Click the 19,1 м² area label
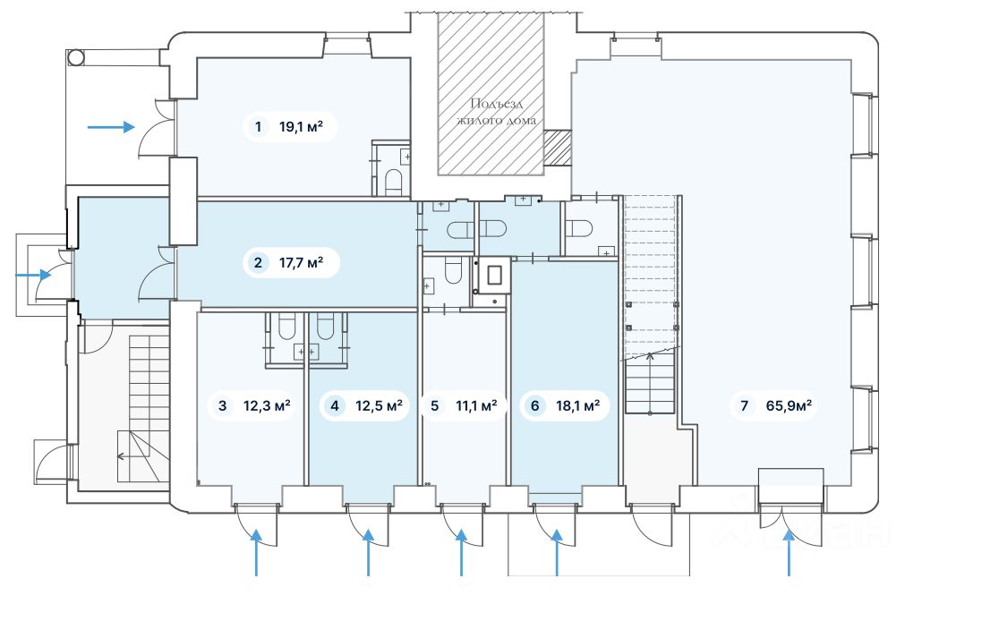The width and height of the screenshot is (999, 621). (x=301, y=127)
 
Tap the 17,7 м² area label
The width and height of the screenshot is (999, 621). (x=301, y=262)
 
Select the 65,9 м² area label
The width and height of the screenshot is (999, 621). (x=789, y=405)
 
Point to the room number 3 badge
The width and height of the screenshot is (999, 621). (x=222, y=405)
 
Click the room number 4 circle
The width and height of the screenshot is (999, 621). (x=335, y=405)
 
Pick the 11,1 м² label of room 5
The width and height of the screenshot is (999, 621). (x=476, y=405)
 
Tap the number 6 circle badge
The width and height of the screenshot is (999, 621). (x=535, y=405)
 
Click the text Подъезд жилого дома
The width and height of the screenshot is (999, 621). (x=496, y=112)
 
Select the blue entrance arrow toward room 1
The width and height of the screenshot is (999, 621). (x=111, y=127)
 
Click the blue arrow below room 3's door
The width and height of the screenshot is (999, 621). (x=256, y=553)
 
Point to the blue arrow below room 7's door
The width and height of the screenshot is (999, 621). (x=789, y=553)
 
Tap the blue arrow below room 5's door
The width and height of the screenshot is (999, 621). (x=462, y=553)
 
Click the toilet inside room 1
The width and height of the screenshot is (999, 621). (x=394, y=182)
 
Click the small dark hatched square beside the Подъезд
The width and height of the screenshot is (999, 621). (x=558, y=147)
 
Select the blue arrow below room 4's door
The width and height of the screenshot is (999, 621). (x=368, y=553)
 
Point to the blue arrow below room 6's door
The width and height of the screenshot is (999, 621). (x=557, y=553)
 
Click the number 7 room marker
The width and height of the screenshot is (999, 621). (x=744, y=405)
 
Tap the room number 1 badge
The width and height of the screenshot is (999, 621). (x=258, y=127)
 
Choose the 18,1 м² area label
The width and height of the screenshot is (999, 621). (x=577, y=405)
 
